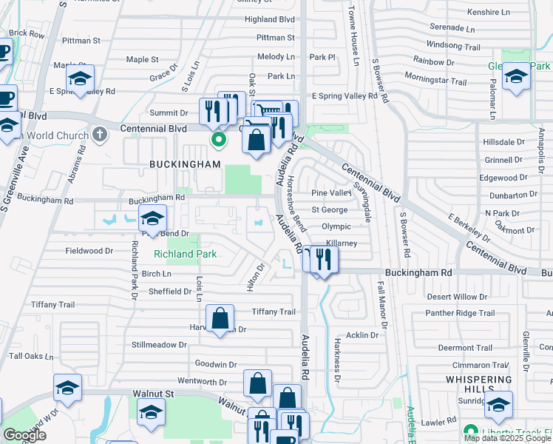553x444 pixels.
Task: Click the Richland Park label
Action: (185, 254)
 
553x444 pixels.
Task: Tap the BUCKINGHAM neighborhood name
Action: (185, 164)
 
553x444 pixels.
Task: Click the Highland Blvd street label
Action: (270, 19)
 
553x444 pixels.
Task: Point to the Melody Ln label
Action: (276, 57)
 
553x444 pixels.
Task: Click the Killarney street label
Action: (340, 243)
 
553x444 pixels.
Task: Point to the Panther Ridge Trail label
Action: (460, 313)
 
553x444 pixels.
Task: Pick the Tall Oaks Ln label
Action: (31, 356)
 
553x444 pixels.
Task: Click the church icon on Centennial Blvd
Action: (100, 134)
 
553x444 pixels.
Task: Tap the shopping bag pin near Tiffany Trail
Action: (220, 318)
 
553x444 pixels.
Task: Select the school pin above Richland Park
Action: (152, 218)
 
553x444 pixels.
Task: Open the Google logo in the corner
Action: (25, 436)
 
